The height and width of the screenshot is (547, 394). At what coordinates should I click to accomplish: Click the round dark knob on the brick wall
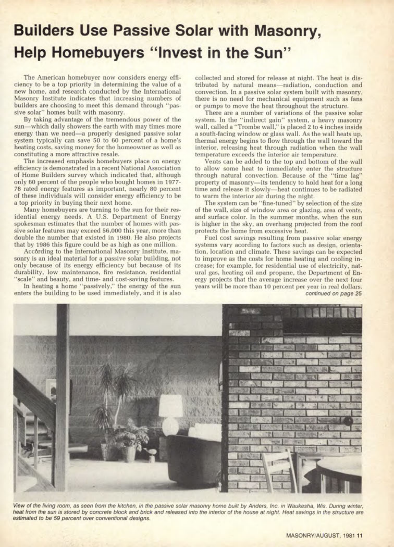[348, 421]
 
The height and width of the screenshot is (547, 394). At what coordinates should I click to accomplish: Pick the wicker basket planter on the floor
[128, 452]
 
